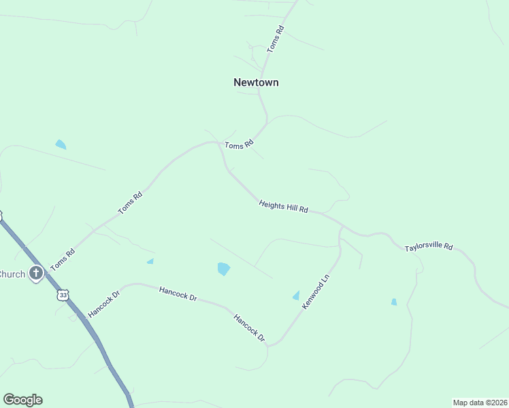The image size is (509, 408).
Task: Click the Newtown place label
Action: pos(256,82)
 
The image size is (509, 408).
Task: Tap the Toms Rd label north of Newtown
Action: pos(276,39)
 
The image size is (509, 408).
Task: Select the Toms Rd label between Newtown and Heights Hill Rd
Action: pos(239,144)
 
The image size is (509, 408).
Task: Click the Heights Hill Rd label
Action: pos(284,206)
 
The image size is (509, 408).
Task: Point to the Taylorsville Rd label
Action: pos(429,247)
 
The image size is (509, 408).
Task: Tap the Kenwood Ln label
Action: pos(316,293)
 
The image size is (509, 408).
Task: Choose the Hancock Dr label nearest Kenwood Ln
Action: pos(249,327)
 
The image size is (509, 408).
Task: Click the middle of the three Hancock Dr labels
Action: pos(178,294)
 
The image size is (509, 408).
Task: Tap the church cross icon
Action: pos(36,274)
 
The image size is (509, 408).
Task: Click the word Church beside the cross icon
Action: pos(12,274)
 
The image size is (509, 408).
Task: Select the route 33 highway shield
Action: pos(63,295)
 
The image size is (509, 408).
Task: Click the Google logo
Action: pos(22,400)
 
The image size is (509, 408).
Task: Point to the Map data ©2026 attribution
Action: pos(480,402)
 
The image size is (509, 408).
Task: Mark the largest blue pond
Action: pos(223,269)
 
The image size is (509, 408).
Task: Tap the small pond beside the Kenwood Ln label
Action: pos(296,295)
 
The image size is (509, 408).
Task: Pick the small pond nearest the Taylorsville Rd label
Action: pos(394,302)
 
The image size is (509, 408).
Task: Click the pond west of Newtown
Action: pos(61,144)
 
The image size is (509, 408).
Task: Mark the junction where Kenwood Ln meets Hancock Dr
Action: pos(269,345)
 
